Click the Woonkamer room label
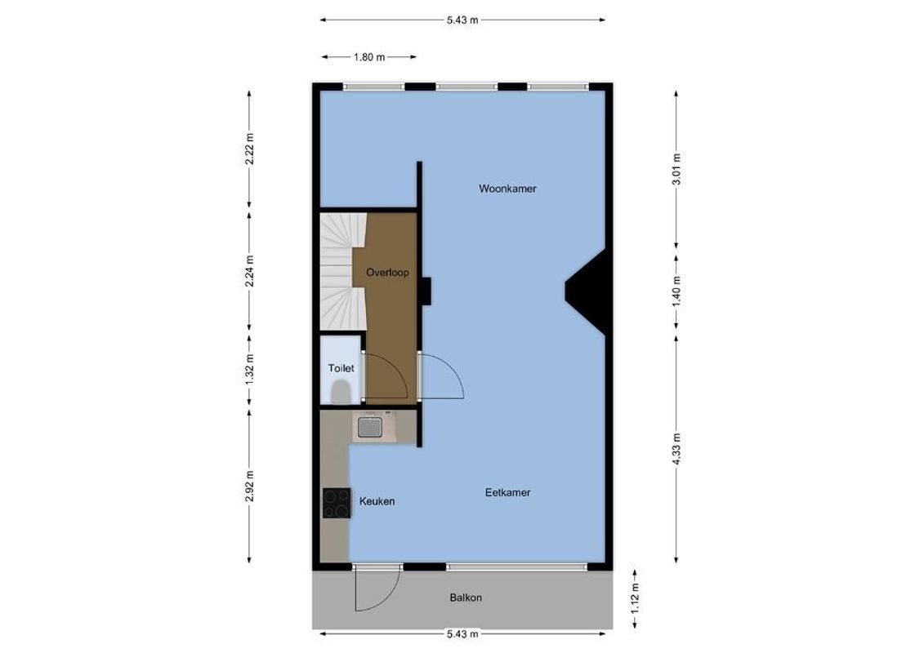point(507,189)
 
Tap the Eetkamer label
point(507,492)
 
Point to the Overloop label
point(387,273)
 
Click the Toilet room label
point(341,368)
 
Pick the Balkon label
point(466,597)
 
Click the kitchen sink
point(370,426)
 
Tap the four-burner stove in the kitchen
point(336,503)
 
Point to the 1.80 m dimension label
point(370,57)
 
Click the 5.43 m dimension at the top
point(462,20)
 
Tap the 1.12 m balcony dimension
point(636,600)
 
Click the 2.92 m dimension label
point(249,486)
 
